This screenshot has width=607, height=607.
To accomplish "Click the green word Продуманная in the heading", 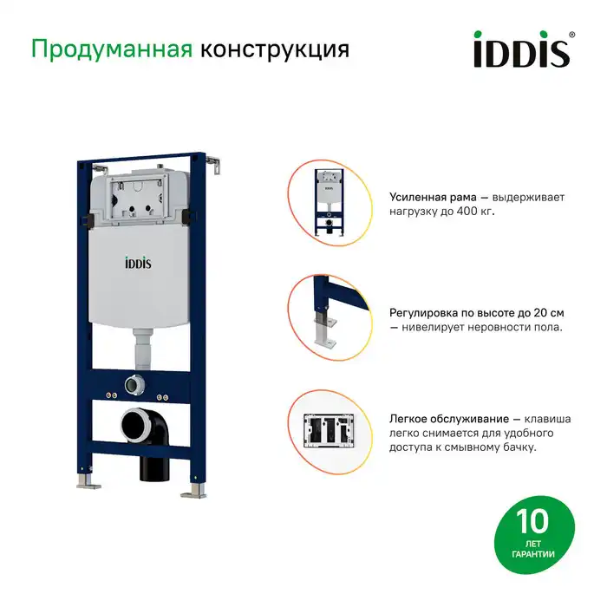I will pos(111,49).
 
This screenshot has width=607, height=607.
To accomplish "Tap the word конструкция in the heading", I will pos(275,49).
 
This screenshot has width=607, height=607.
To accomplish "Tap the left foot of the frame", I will pos(85,479).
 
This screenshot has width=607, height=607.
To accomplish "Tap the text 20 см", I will pos(546,313).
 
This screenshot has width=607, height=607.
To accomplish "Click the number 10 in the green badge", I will pos(532,523).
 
